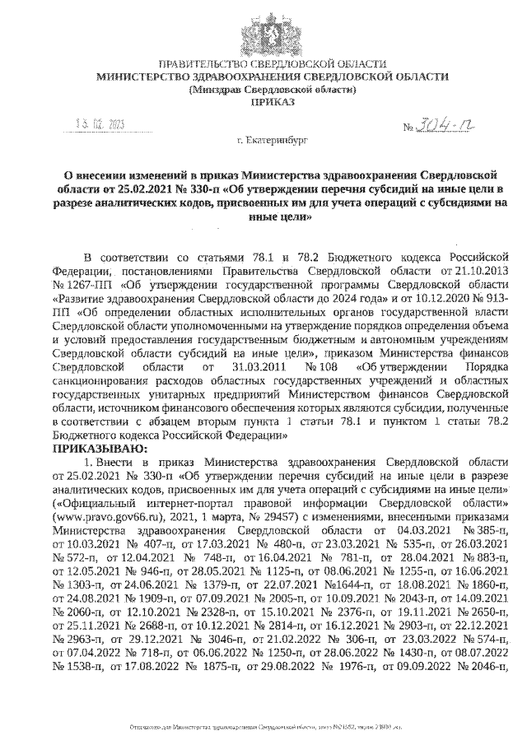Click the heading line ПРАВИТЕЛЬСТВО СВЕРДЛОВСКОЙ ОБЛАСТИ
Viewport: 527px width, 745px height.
point(272,64)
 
